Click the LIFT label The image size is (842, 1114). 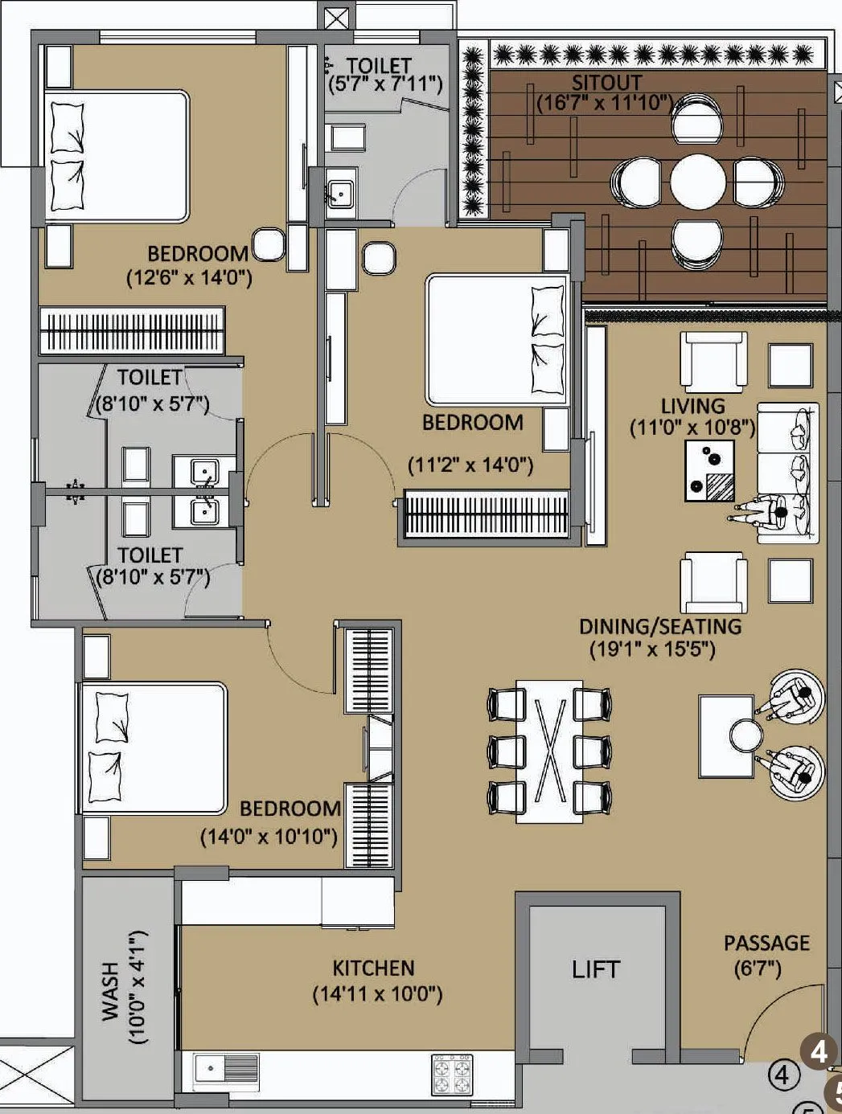(596, 969)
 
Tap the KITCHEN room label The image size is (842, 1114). (373, 969)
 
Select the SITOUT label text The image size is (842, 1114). (606, 83)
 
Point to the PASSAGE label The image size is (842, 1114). (766, 943)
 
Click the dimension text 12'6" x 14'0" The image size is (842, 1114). (190, 278)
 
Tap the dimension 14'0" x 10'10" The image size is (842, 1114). (269, 837)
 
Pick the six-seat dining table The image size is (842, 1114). (550, 751)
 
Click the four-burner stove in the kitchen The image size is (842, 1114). (452, 1075)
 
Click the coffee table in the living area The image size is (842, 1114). (710, 471)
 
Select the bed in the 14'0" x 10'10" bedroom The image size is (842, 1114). (153, 748)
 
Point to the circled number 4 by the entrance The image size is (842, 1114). (783, 1075)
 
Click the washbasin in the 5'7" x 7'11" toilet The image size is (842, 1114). (340, 193)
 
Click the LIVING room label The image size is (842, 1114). (692, 406)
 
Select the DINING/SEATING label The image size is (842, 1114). (660, 626)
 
